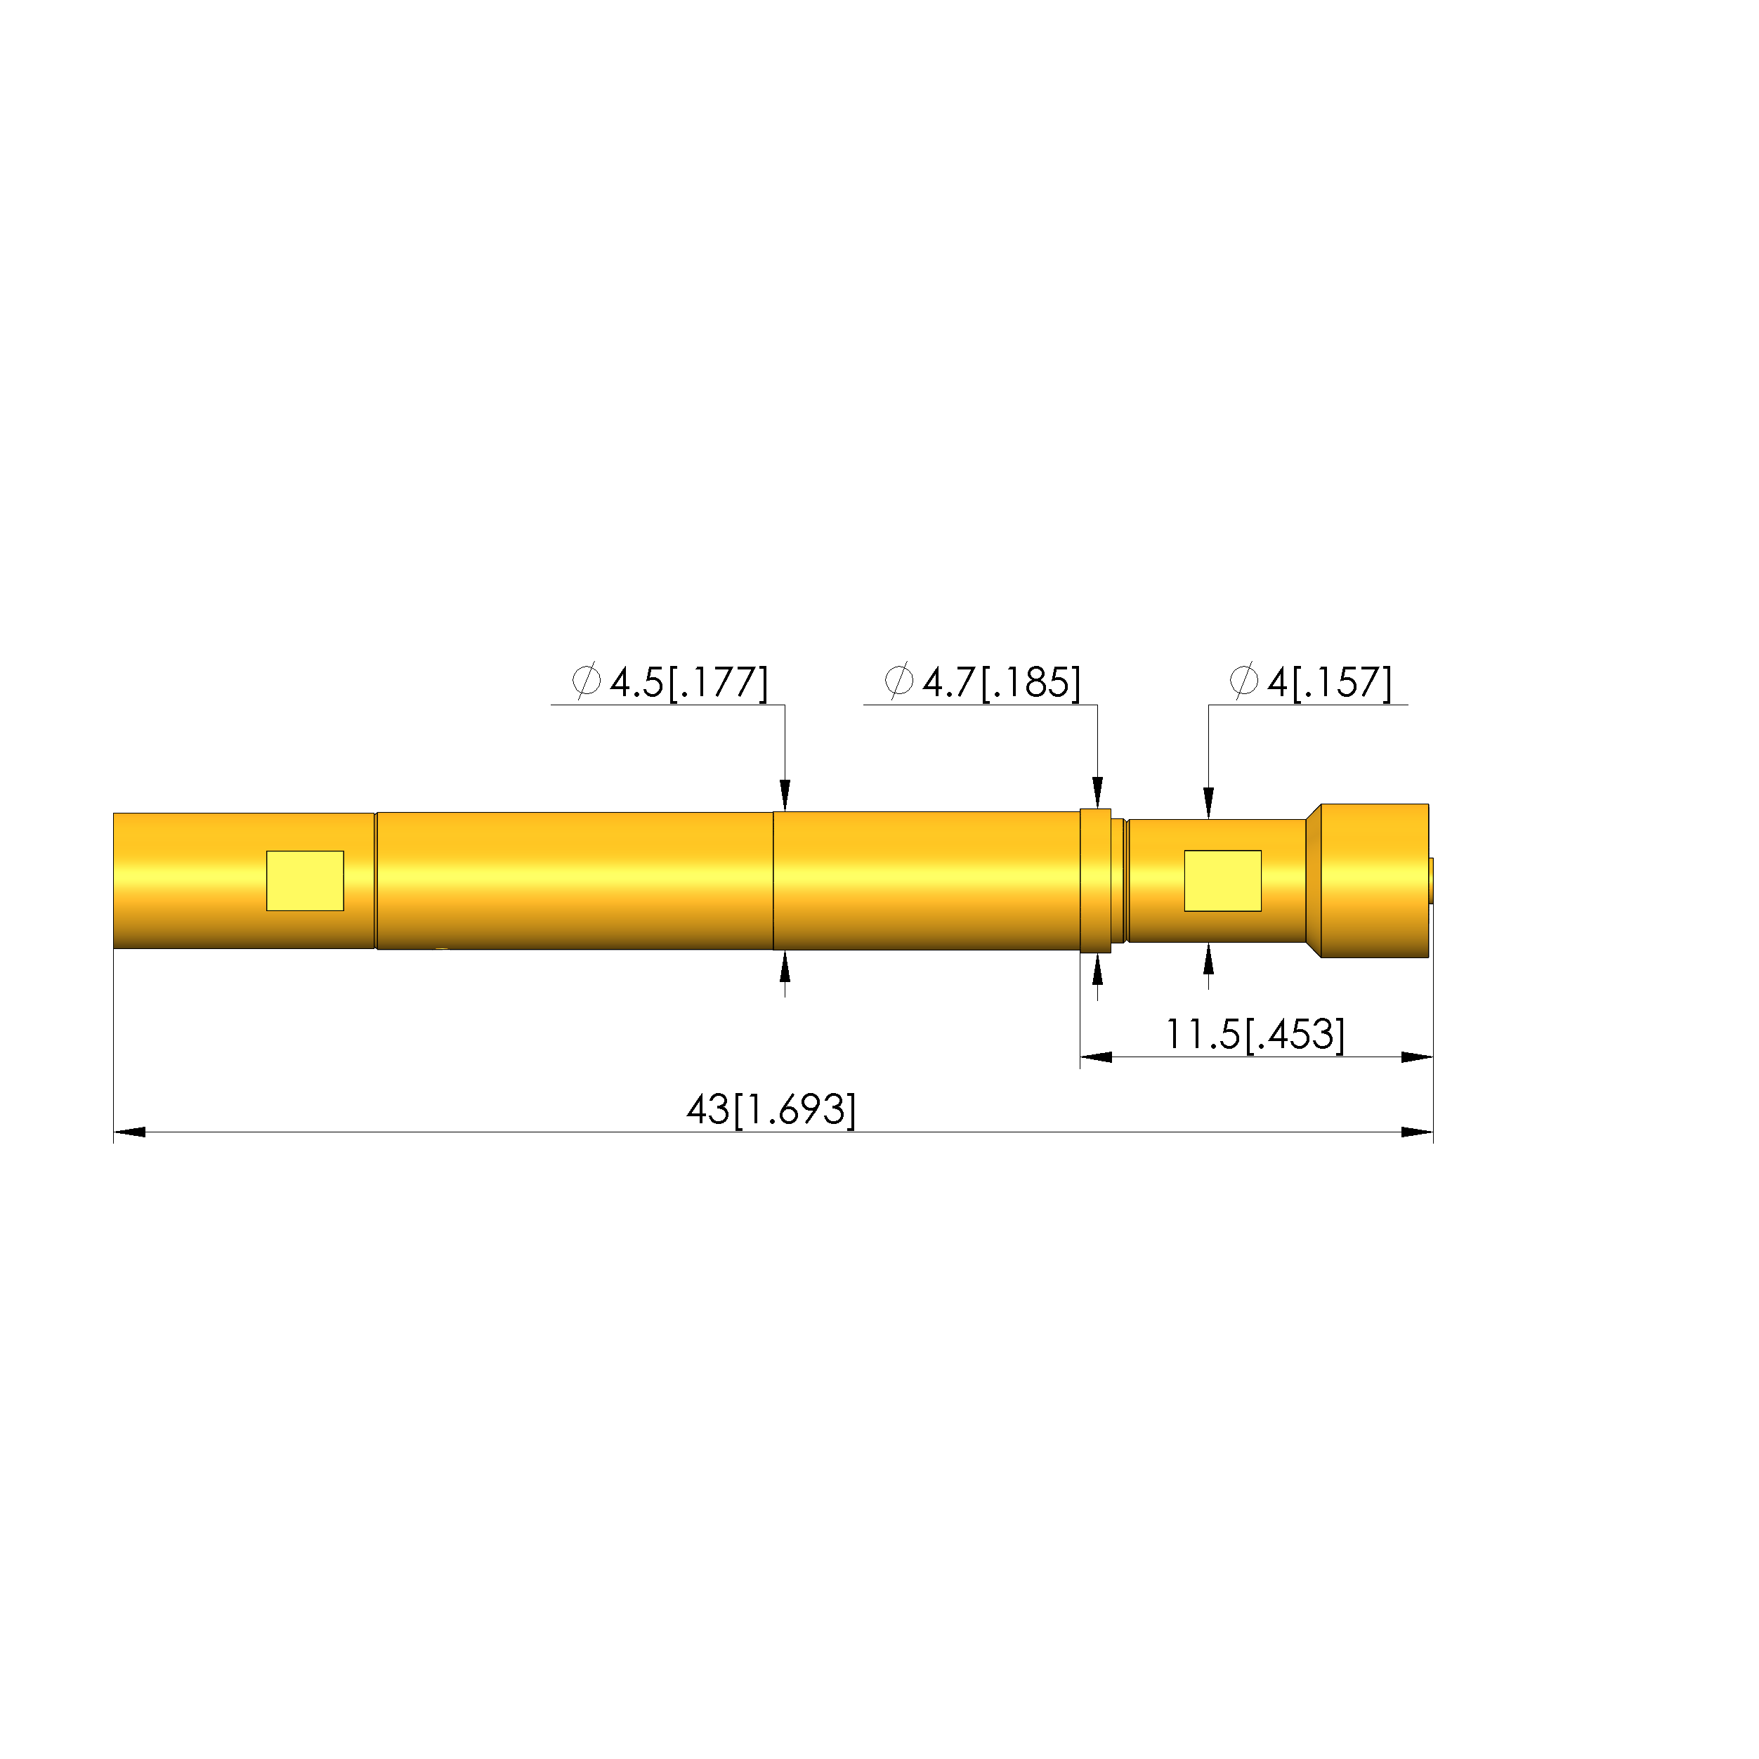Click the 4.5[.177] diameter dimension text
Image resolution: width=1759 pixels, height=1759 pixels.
point(689,683)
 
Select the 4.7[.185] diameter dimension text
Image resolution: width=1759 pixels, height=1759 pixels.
point(1002,683)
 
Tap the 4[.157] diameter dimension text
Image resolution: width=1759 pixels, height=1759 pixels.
point(1329,683)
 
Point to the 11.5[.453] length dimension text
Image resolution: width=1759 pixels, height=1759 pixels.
point(1255,1034)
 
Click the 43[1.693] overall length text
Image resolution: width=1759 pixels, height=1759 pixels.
point(771,1110)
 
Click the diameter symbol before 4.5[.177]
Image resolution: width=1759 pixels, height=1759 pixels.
point(587,680)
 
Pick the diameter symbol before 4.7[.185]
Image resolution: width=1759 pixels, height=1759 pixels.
point(898,680)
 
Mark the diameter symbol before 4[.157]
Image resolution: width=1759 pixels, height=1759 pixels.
point(1243,680)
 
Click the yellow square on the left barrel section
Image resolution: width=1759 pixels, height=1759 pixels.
point(305,880)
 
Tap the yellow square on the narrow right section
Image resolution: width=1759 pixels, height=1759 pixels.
point(1223,880)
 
